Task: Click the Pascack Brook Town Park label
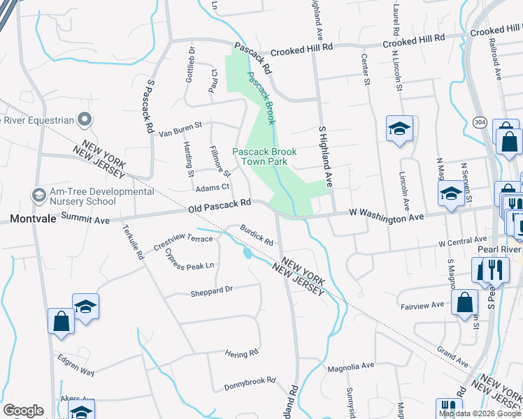264,156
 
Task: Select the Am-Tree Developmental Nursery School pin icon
38,193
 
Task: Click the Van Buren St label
180,128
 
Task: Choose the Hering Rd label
242,355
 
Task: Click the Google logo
23,411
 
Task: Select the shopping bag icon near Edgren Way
61,321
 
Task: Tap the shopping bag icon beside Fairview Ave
464,302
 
